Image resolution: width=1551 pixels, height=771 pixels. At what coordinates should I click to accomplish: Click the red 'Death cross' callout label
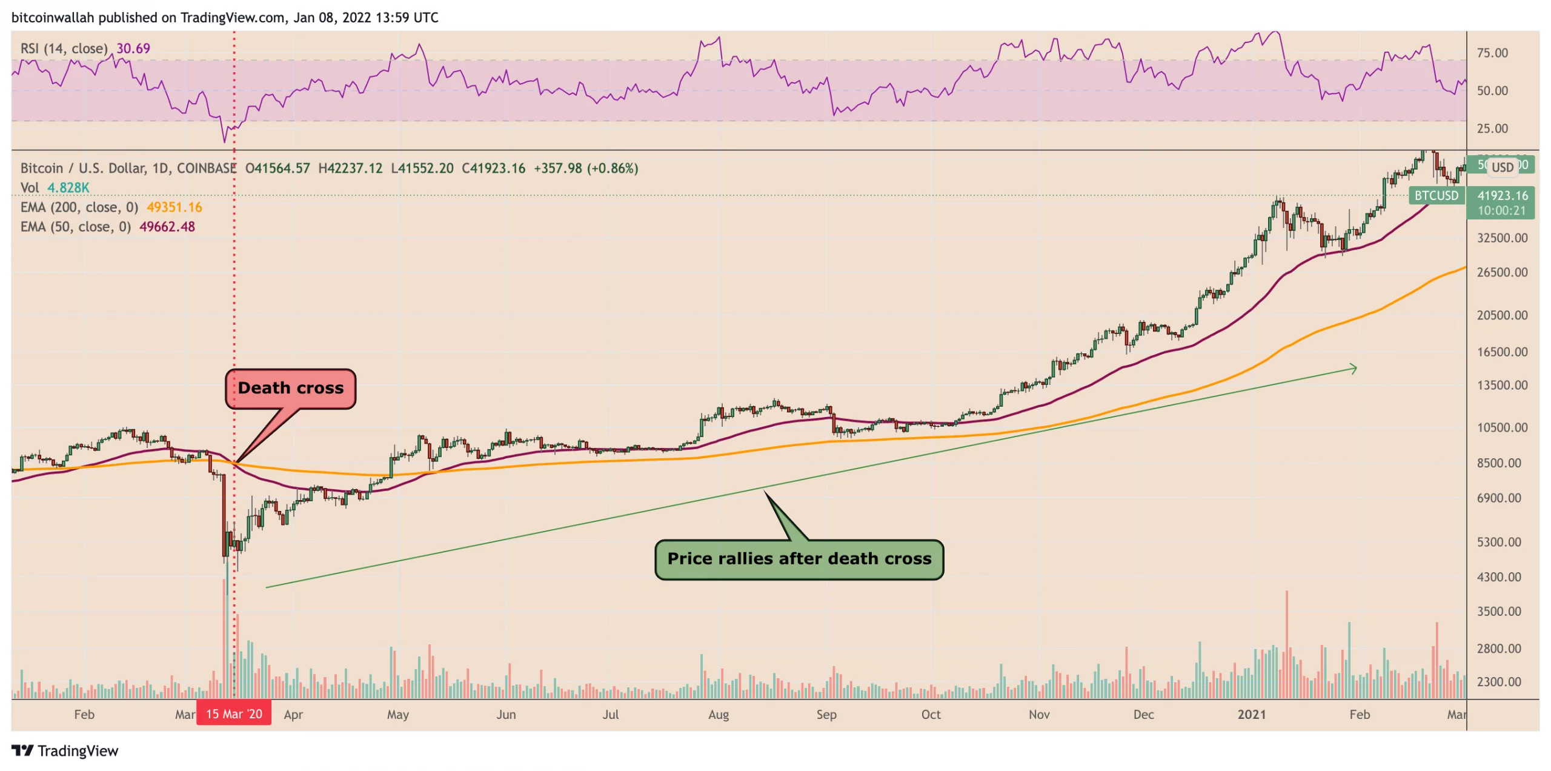click(290, 389)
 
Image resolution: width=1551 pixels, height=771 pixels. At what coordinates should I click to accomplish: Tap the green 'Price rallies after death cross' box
click(799, 559)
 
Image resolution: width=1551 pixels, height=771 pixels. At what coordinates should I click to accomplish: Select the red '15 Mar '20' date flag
click(234, 713)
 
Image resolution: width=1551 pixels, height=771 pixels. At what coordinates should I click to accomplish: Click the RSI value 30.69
click(133, 48)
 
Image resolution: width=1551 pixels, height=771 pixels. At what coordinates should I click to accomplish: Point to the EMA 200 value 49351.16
click(174, 207)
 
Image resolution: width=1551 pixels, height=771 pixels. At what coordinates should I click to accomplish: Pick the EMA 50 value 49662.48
click(167, 227)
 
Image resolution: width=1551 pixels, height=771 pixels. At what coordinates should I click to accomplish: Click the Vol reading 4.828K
click(68, 188)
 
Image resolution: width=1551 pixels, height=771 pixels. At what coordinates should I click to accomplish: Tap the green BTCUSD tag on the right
click(1436, 195)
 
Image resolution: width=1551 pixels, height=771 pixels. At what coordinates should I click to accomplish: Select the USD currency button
click(1502, 167)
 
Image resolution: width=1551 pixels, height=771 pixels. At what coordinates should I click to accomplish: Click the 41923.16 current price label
click(1502, 195)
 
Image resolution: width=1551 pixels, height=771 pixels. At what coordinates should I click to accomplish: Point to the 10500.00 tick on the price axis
click(1502, 427)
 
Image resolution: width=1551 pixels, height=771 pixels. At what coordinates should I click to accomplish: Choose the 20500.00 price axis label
click(1502, 315)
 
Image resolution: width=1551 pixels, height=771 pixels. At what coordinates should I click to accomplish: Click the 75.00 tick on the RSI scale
click(1492, 53)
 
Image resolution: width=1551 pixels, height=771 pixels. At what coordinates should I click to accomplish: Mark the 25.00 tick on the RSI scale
click(1492, 128)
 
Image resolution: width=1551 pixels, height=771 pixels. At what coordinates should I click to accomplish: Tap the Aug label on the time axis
click(719, 714)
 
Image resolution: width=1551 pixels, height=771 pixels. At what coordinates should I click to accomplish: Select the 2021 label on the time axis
click(1251, 714)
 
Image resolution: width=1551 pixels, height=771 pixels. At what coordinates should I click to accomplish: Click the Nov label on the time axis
click(1038, 714)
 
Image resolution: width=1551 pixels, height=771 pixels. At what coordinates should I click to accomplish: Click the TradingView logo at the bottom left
click(65, 750)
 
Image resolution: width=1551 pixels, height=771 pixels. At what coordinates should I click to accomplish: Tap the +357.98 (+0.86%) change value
click(585, 169)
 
